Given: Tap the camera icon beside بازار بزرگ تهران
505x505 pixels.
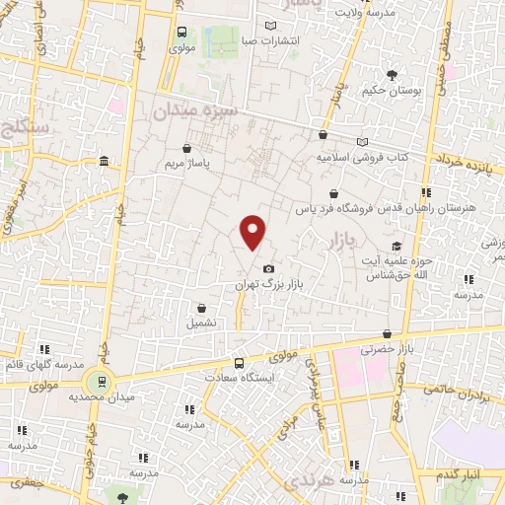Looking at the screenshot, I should [x=268, y=268].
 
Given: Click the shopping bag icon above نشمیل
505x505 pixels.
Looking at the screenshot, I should [x=202, y=308].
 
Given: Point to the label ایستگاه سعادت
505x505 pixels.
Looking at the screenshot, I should [x=238, y=377].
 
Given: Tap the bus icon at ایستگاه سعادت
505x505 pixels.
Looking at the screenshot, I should [x=238, y=362].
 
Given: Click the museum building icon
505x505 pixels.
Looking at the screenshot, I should [x=105, y=162].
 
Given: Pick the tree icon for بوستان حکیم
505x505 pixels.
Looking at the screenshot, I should [x=392, y=75].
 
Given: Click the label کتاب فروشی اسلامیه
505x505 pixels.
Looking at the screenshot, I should [x=363, y=157].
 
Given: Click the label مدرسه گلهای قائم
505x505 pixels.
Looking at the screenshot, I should [x=41, y=364].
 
